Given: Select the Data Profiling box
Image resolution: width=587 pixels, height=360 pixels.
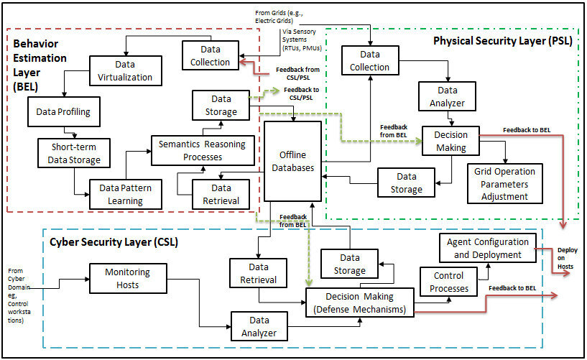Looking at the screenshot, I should [x=63, y=112].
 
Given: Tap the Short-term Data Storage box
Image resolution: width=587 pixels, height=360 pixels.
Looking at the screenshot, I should [x=70, y=153].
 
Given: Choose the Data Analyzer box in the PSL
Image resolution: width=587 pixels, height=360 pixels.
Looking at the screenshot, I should [x=448, y=96].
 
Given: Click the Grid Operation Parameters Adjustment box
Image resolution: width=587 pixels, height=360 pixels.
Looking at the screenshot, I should [x=505, y=184].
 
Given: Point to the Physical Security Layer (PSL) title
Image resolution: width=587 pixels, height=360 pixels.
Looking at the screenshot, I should [x=502, y=41].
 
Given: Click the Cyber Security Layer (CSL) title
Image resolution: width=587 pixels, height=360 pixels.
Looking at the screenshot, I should [x=114, y=242].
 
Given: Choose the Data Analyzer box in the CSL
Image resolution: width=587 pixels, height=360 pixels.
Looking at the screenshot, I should [x=259, y=325].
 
